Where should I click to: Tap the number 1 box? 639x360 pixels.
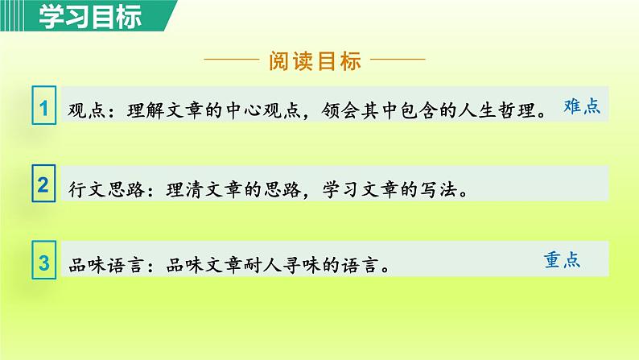pos(44,108)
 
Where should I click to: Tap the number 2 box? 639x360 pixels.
pos(44,185)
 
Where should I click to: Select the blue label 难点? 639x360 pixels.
pos(582,107)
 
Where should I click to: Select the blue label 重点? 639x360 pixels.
pos(563,260)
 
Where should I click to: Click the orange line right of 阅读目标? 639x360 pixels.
pos(398,60)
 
